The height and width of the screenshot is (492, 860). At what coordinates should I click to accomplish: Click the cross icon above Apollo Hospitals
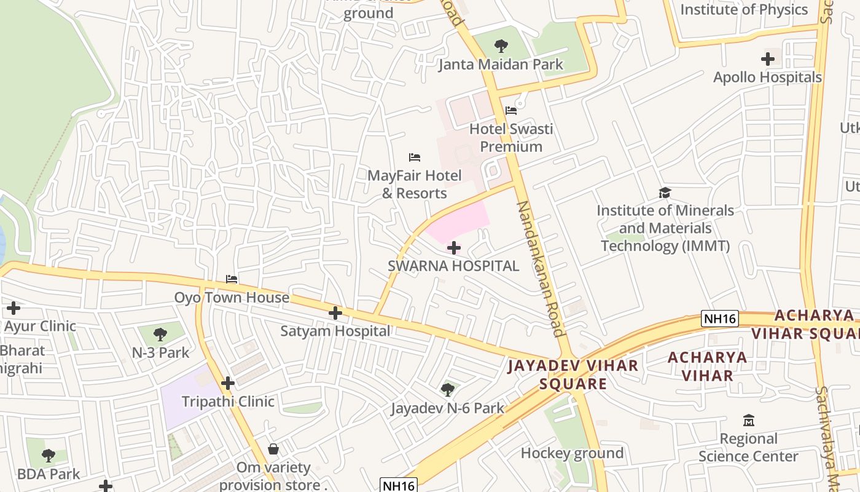pyautogui.click(x=767, y=59)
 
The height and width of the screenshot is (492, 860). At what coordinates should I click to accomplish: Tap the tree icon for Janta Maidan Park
pyautogui.click(x=501, y=46)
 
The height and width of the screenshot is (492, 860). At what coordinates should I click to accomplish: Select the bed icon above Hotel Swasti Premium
pyautogui.click(x=511, y=111)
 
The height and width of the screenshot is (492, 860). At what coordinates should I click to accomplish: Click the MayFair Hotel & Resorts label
pyautogui.click(x=415, y=184)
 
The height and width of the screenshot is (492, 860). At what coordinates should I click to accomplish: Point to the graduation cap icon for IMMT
pyautogui.click(x=665, y=193)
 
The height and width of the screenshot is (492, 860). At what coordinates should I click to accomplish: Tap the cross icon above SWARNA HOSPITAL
pyautogui.click(x=454, y=248)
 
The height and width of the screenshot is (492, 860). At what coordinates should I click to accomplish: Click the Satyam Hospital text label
pyautogui.click(x=335, y=331)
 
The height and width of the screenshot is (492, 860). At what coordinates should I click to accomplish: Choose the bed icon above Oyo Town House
pyautogui.click(x=232, y=279)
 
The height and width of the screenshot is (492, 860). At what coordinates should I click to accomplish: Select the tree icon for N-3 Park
pyautogui.click(x=160, y=335)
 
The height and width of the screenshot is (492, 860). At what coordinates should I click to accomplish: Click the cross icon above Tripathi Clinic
pyautogui.click(x=228, y=383)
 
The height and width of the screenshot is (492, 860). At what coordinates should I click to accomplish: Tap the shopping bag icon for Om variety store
pyautogui.click(x=273, y=450)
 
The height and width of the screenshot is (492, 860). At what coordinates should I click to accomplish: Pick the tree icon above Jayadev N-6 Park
pyautogui.click(x=448, y=389)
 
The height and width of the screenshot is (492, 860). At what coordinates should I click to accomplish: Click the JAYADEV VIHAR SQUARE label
pyautogui.click(x=573, y=375)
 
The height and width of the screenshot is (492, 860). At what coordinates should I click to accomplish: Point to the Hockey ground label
pyautogui.click(x=572, y=453)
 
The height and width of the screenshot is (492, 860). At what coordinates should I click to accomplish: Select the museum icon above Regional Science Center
pyautogui.click(x=748, y=421)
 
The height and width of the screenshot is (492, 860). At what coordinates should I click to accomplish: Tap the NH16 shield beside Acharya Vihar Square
pyautogui.click(x=719, y=319)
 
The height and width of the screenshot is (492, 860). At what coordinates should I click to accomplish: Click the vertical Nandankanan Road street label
pyautogui.click(x=541, y=269)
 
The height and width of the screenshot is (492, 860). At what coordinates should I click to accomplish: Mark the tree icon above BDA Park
pyautogui.click(x=49, y=456)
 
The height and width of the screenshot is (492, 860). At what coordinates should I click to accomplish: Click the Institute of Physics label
pyautogui.click(x=744, y=9)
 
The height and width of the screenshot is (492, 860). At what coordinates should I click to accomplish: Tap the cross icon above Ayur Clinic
pyautogui.click(x=13, y=308)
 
